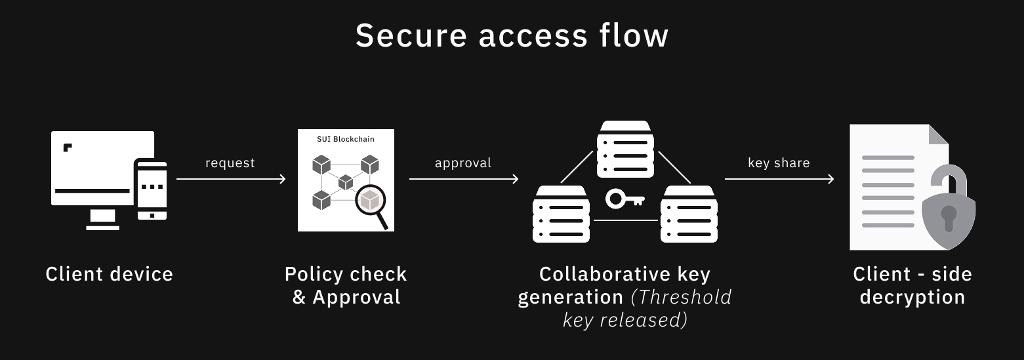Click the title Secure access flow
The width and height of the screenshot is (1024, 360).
tap(512, 36)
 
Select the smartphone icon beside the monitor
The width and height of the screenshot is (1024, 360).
tap(152, 190)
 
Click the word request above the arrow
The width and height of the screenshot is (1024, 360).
tap(230, 163)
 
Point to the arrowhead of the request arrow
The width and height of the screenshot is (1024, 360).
tap(283, 179)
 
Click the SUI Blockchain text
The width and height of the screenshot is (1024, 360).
tap(346, 139)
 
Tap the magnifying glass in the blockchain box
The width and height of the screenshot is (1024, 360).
tap(371, 202)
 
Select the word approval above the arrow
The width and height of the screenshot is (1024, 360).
tap(462, 163)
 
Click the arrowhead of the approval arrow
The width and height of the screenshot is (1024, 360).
tap(516, 179)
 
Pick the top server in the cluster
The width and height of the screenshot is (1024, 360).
tap(625, 150)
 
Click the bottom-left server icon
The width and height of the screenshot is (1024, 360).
tap(560, 214)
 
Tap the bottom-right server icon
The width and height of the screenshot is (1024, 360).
tap(689, 214)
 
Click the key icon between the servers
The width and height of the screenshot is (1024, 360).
tap(625, 199)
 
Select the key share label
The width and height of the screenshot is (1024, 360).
tap(779, 163)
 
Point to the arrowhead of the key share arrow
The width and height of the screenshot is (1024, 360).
tap(831, 179)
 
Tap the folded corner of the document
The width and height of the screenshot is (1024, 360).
tap(938, 134)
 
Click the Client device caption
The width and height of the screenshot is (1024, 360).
tap(110, 274)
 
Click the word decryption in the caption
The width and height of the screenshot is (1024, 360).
tap(912, 297)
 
